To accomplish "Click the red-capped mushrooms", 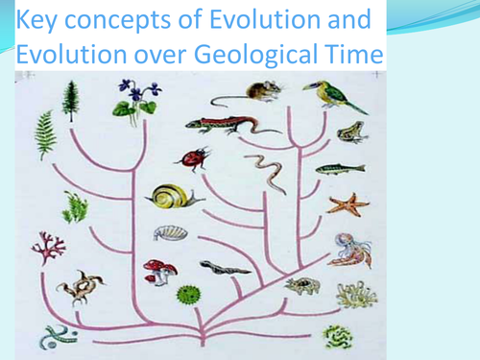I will (159, 272).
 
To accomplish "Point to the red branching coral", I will (43, 248).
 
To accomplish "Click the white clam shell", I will (167, 232).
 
